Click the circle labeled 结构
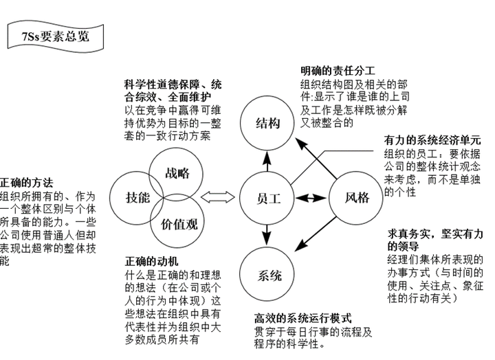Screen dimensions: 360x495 (268, 124)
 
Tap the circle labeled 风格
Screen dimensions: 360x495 (357, 198)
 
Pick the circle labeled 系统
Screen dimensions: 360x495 (269, 276)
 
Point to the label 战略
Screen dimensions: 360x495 (177, 173)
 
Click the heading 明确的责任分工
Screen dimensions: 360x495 (337, 71)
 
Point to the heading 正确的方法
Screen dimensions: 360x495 (26, 183)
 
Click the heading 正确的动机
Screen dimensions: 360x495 (152, 262)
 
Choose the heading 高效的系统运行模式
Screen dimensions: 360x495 (302, 319)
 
